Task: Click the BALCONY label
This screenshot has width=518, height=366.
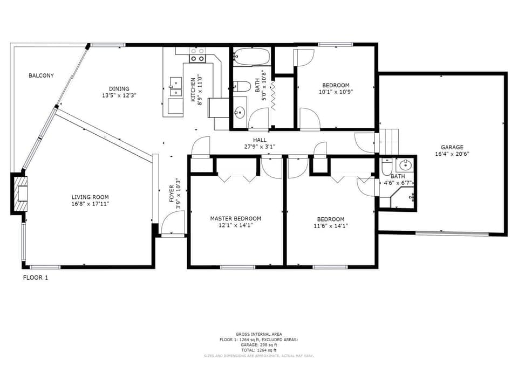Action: (41, 76)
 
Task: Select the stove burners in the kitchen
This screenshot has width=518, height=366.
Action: (197, 54)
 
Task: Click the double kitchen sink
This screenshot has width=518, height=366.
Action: (175, 87)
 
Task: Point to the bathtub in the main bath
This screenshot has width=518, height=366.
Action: (252, 57)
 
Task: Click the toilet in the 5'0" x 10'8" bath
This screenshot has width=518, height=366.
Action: (241, 87)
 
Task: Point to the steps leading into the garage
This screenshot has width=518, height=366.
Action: (390, 141)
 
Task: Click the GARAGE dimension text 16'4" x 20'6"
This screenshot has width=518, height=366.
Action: (452, 154)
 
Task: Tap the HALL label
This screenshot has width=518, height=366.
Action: (260, 140)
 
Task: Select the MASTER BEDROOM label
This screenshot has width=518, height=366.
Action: (235, 218)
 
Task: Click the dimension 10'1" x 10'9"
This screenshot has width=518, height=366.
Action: (335, 92)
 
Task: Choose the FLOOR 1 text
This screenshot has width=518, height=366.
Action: (36, 278)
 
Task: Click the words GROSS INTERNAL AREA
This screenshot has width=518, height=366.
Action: (258, 334)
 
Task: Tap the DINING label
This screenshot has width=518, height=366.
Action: (119, 89)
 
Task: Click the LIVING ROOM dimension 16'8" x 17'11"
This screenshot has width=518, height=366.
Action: (90, 204)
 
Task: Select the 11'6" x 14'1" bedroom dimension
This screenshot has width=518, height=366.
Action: (330, 226)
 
